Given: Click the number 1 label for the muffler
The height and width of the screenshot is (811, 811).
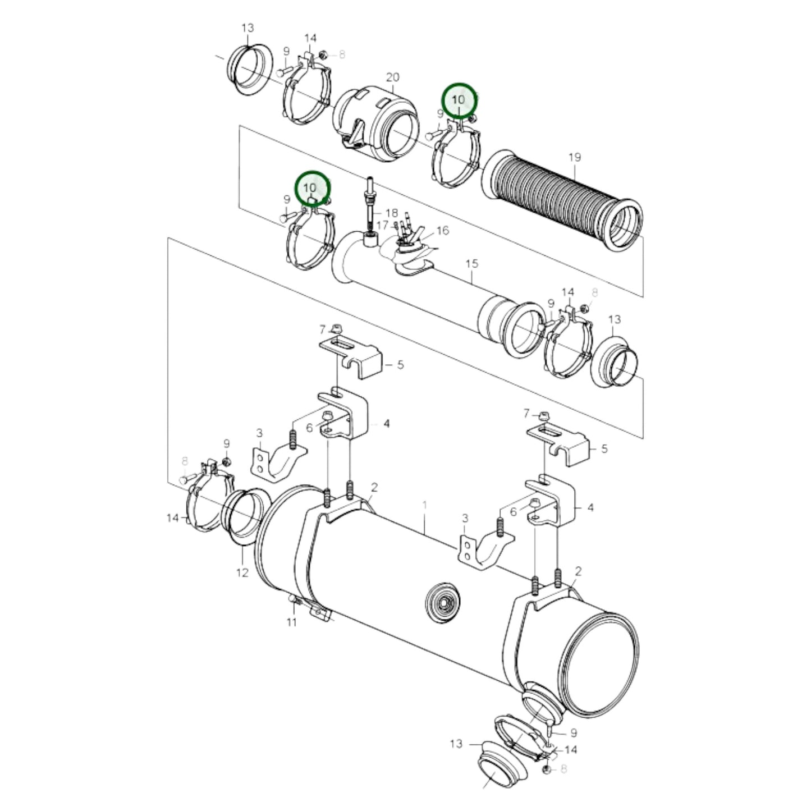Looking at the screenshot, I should (424, 505).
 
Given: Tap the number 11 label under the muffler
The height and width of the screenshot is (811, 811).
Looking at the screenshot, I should (291, 622).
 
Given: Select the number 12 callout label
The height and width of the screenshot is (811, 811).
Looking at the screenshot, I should (242, 573).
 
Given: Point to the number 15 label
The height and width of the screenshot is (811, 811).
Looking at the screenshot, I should (471, 263).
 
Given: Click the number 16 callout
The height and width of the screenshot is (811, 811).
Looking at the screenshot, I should (442, 231).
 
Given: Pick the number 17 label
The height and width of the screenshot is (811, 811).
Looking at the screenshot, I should (382, 225).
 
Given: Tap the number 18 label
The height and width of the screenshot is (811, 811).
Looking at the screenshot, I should (391, 213).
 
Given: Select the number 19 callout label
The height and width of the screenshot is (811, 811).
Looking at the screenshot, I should (574, 157).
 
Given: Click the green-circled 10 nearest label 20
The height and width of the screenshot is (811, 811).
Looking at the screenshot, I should (459, 100).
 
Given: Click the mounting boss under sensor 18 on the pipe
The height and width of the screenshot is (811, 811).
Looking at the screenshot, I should (370, 240).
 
